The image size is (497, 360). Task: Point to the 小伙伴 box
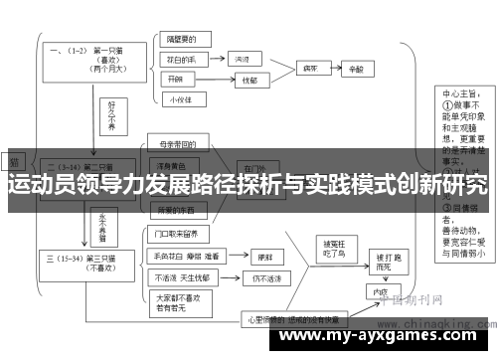180,98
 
